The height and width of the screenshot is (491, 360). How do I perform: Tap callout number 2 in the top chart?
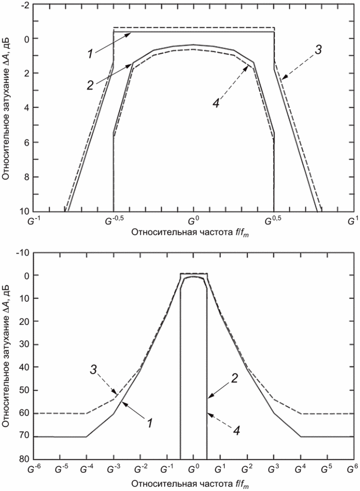point(91,84)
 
